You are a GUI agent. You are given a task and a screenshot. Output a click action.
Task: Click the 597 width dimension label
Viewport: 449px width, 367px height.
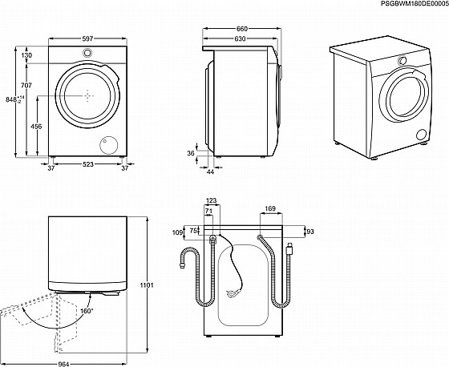[x=87, y=38]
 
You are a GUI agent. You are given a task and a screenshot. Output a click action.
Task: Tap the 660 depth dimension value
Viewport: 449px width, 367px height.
[x=241, y=29]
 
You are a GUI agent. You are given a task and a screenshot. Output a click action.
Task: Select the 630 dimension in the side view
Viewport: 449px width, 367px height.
[x=240, y=38]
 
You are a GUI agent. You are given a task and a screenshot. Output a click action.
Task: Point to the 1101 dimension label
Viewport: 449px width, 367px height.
[x=147, y=285]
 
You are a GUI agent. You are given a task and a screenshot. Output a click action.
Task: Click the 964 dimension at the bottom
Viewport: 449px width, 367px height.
[x=63, y=364]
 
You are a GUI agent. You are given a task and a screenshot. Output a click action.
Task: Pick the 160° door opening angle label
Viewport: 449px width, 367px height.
[x=87, y=311]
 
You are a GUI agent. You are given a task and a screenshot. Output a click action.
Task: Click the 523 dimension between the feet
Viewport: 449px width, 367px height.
[x=88, y=164]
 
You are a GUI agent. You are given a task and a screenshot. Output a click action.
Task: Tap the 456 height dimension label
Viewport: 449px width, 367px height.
[x=36, y=127]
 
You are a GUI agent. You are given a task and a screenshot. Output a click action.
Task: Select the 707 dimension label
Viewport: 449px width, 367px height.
[x=26, y=85]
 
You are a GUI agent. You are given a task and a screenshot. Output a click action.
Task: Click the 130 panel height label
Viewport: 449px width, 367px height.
[x=26, y=55]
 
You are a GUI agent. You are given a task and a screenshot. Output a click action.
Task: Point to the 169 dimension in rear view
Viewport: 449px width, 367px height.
[x=270, y=208]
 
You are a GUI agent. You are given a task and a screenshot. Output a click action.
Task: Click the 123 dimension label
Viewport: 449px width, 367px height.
[x=212, y=200]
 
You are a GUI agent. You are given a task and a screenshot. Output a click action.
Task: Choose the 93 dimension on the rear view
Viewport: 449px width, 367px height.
[x=310, y=232]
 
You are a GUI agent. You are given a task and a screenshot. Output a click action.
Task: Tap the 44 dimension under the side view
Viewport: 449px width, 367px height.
[x=210, y=171]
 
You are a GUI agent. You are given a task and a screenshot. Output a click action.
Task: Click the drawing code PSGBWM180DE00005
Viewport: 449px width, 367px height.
[x=415, y=3]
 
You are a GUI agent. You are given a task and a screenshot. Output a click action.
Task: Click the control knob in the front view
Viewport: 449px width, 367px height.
[x=87, y=53]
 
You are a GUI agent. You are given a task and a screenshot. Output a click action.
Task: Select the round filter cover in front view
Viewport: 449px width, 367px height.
[x=108, y=144]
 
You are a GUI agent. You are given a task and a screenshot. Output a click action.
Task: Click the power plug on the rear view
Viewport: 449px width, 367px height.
[x=232, y=292]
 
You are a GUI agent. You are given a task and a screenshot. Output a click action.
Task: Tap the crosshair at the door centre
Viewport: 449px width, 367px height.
[x=87, y=95]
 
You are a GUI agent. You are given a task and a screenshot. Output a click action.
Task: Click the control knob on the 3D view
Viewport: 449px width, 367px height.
[x=402, y=60]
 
